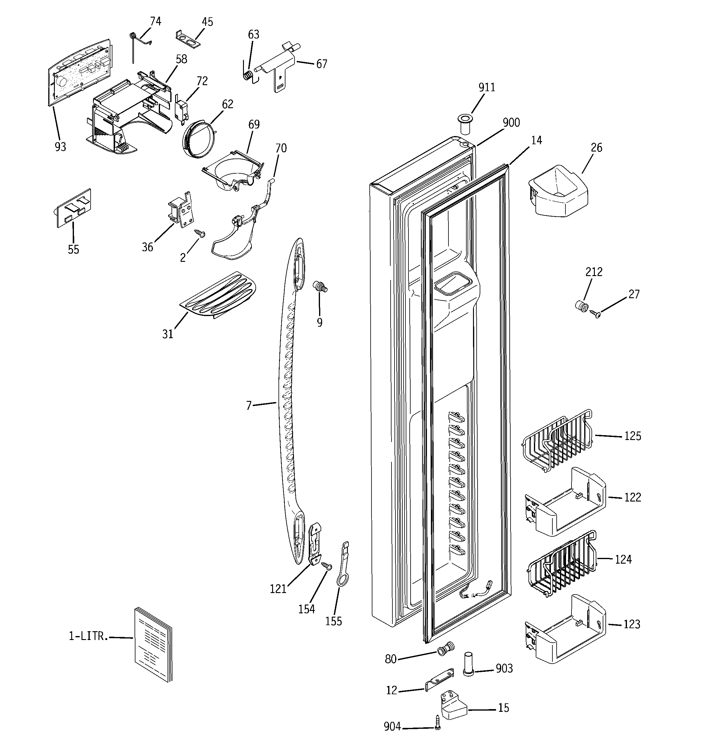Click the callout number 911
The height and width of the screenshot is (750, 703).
click(487, 88)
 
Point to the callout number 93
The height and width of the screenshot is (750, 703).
click(60, 147)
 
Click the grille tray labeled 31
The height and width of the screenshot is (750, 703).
click(219, 295)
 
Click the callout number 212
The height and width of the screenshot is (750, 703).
click(594, 272)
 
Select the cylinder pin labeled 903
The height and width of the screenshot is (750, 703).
click(468, 664)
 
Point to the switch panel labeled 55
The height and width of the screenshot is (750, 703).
click(74, 208)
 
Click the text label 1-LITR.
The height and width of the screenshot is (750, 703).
click(88, 636)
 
